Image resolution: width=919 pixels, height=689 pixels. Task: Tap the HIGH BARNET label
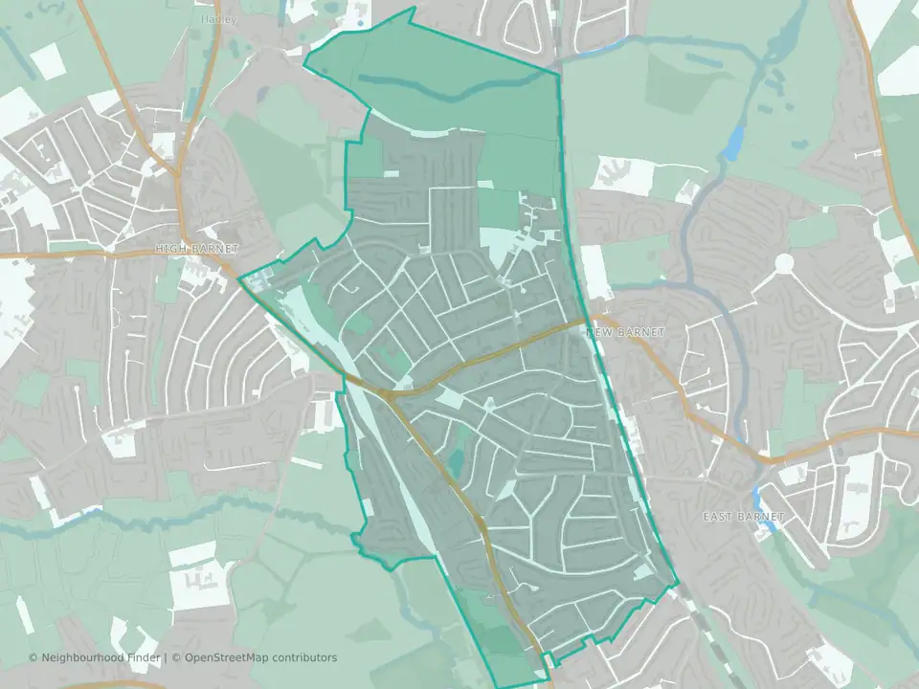click(x=196, y=249)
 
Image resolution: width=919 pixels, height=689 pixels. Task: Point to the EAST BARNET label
click(x=743, y=517)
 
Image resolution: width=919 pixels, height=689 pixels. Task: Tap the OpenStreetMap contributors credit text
click(x=260, y=657)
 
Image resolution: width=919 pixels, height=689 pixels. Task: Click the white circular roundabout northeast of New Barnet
click(x=785, y=261)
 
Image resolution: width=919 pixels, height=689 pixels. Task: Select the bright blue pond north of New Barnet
click(x=732, y=144)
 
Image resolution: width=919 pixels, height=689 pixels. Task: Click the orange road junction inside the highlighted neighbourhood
click(x=388, y=392)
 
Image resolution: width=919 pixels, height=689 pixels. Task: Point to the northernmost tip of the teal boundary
click(x=413, y=9)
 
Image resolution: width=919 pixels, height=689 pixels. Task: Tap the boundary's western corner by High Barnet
click(x=238, y=278)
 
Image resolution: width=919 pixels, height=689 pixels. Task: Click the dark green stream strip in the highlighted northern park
click(x=450, y=91)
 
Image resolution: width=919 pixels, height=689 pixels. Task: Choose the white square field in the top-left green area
click(x=48, y=61)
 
